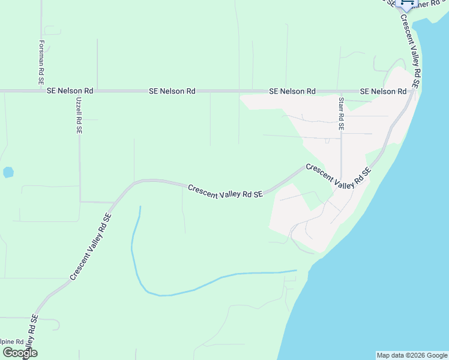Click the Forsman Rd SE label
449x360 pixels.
click(41, 62)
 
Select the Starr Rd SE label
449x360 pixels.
click(341, 114)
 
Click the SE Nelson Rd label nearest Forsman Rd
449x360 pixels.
click(70, 91)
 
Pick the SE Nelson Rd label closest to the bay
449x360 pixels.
click(383, 91)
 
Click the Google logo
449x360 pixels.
click(19, 353)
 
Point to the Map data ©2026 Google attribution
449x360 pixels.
click(412, 355)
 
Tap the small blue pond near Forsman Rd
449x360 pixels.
click(8, 172)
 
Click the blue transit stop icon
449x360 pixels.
click(408, 4)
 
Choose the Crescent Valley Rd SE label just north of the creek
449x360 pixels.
click(225, 191)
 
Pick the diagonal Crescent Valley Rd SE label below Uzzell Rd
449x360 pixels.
click(91, 247)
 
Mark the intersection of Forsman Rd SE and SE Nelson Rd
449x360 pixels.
click(41, 91)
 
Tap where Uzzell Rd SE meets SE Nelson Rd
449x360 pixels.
click(79, 91)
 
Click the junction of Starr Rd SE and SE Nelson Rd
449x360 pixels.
click(340, 91)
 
